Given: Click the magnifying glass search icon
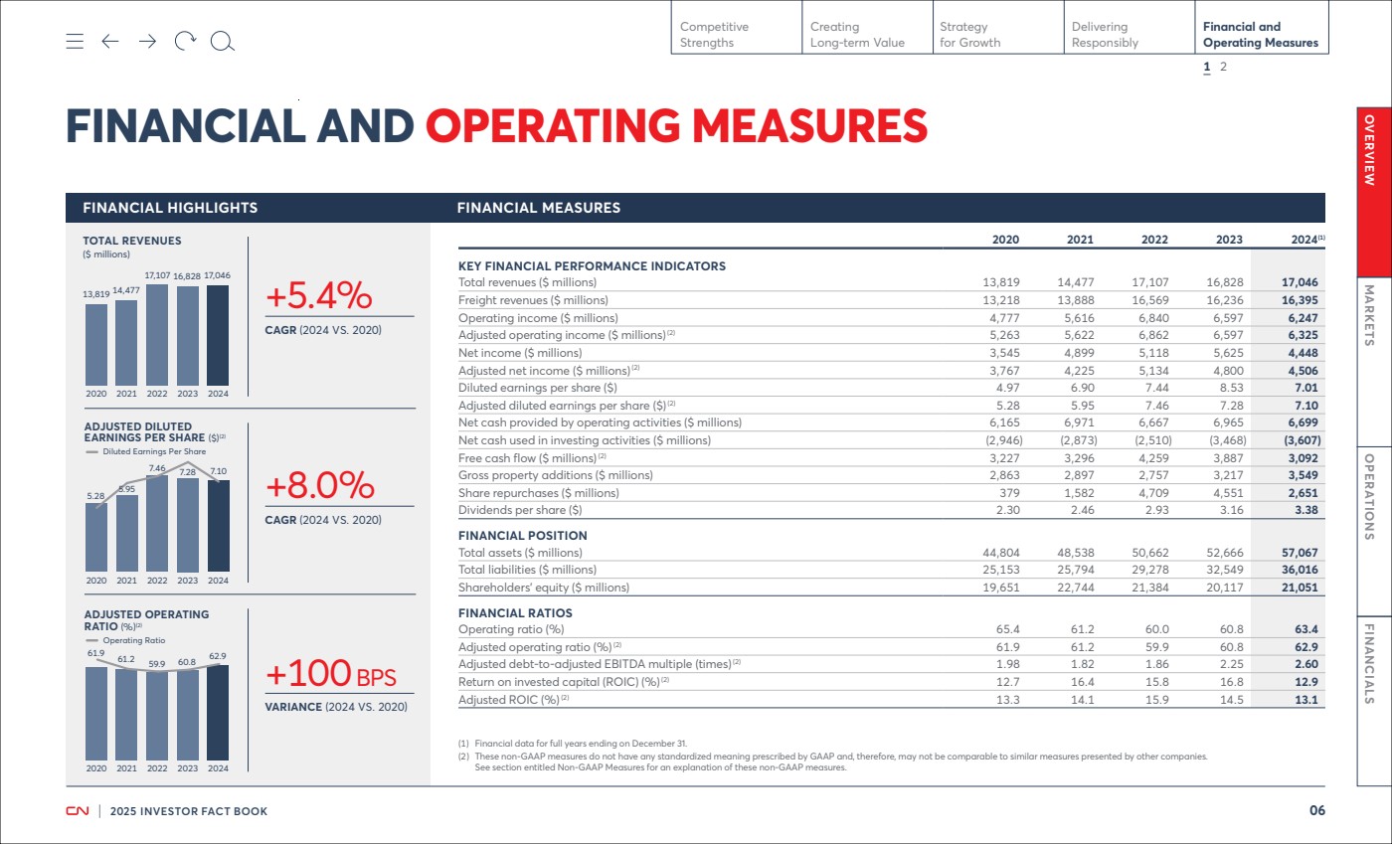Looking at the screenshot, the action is tap(222, 42).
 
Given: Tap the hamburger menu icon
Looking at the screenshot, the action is tap(75, 41).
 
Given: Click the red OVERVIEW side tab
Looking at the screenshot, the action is tap(1373, 192).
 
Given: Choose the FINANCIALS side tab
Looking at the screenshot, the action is tap(1373, 701).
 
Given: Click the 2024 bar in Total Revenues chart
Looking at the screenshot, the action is tap(218, 335).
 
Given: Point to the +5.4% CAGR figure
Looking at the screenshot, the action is tap(319, 296).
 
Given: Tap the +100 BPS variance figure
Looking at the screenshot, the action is tap(330, 674).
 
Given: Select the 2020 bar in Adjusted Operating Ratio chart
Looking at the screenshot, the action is tap(96, 714).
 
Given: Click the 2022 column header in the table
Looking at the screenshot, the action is tap(1154, 240).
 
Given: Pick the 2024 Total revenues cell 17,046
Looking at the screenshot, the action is tap(1300, 282).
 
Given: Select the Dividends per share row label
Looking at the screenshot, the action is tap(520, 510).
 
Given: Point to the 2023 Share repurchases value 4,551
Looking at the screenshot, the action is tap(1228, 493).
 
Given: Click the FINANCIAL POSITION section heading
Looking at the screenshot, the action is tap(523, 535).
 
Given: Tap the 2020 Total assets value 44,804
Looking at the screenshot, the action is tap(1001, 553).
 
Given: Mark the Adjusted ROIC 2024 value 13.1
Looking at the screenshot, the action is tap(1306, 700).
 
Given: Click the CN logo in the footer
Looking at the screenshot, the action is tap(78, 811).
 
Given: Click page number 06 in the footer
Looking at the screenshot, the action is tap(1317, 810).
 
